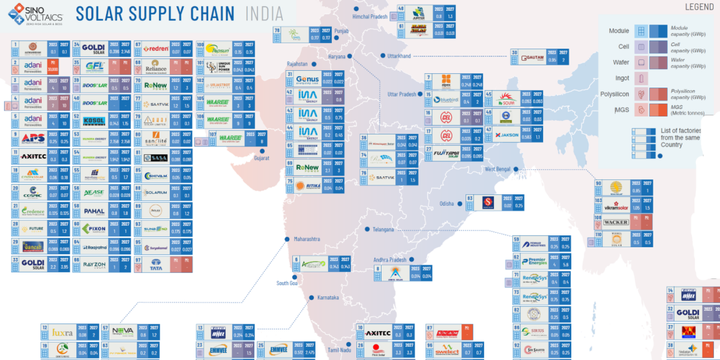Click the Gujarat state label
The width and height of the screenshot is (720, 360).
tap(262, 158)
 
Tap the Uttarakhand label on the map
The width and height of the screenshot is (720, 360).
tap(398, 56)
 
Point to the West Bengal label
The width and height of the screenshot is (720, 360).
tap(497, 169)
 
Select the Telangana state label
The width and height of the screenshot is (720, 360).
tap(383, 229)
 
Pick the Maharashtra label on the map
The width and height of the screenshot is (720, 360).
tap(307, 239)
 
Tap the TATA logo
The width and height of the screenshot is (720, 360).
tap(155, 264)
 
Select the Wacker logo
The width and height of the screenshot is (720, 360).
tap(616, 222)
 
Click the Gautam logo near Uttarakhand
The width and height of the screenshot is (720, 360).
tap(533, 58)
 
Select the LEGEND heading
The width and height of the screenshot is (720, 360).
tap(699, 7)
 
